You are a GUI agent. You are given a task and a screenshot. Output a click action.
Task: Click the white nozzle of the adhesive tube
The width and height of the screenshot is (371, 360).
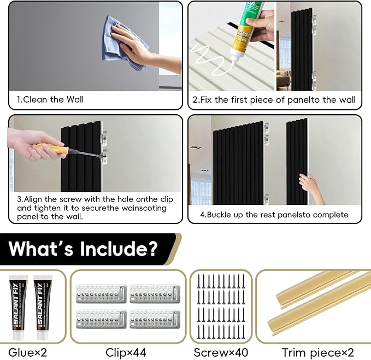pos(234,60)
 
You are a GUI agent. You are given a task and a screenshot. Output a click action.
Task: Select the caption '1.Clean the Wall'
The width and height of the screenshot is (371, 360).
pos(50,99)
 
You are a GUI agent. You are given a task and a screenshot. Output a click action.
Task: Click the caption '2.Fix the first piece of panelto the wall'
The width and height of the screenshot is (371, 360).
pos(274,99)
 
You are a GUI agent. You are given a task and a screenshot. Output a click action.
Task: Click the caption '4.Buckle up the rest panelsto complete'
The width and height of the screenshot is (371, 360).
pos(274,215)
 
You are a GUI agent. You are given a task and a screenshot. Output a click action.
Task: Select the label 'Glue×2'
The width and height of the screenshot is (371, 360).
pos(28,352)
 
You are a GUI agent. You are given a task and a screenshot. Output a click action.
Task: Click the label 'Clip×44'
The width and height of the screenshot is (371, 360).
pos(126,352)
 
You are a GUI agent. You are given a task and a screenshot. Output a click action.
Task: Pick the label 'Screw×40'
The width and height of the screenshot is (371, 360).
pos(221,352)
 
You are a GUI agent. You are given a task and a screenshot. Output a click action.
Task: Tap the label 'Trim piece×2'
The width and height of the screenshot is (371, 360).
pos(318,353)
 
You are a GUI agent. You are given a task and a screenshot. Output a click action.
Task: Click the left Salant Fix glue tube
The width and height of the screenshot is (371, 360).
pos(18,307)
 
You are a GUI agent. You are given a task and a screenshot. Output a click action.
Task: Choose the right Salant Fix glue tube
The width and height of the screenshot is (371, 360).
pos(43,307)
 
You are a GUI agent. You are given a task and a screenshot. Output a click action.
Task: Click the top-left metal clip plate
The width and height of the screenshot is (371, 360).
pos(101,293)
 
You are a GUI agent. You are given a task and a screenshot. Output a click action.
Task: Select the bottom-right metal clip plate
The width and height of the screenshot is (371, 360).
pos(155,319)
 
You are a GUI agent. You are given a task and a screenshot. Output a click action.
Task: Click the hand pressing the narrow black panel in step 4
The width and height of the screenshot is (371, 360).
pos(310,187)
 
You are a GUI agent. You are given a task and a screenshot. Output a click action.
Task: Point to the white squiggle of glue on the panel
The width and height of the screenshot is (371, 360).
pos(208,60)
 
